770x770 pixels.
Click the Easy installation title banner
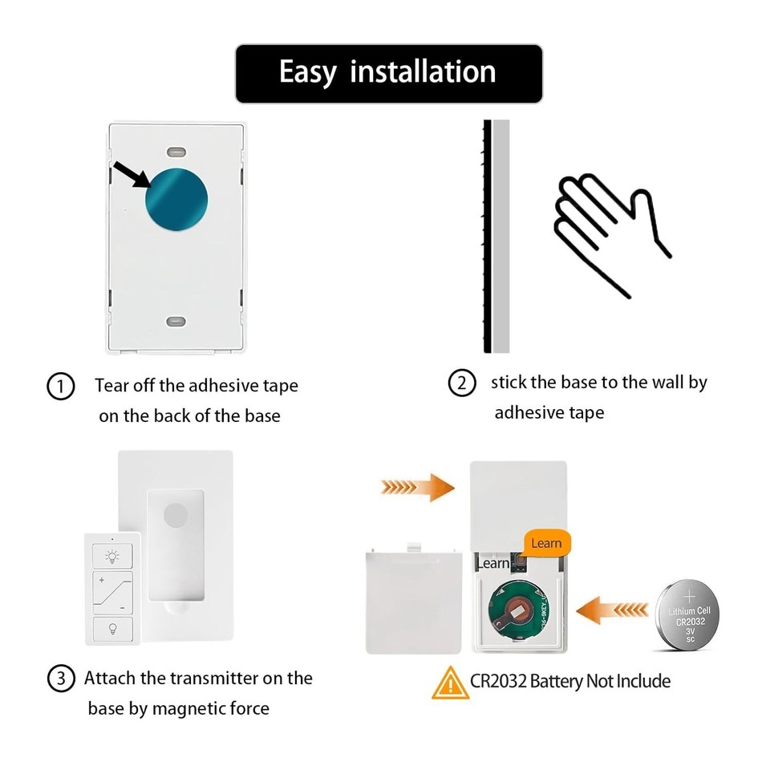[388, 73]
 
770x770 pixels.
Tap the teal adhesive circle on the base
[176, 196]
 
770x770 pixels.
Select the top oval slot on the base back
[176, 151]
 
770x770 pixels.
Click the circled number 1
[60, 386]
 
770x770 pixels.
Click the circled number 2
[461, 383]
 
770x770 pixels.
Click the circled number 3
[60, 679]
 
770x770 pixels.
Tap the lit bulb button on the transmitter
[112, 555]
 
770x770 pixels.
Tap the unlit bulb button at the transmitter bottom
[112, 628]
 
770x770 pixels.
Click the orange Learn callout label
[546, 543]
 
